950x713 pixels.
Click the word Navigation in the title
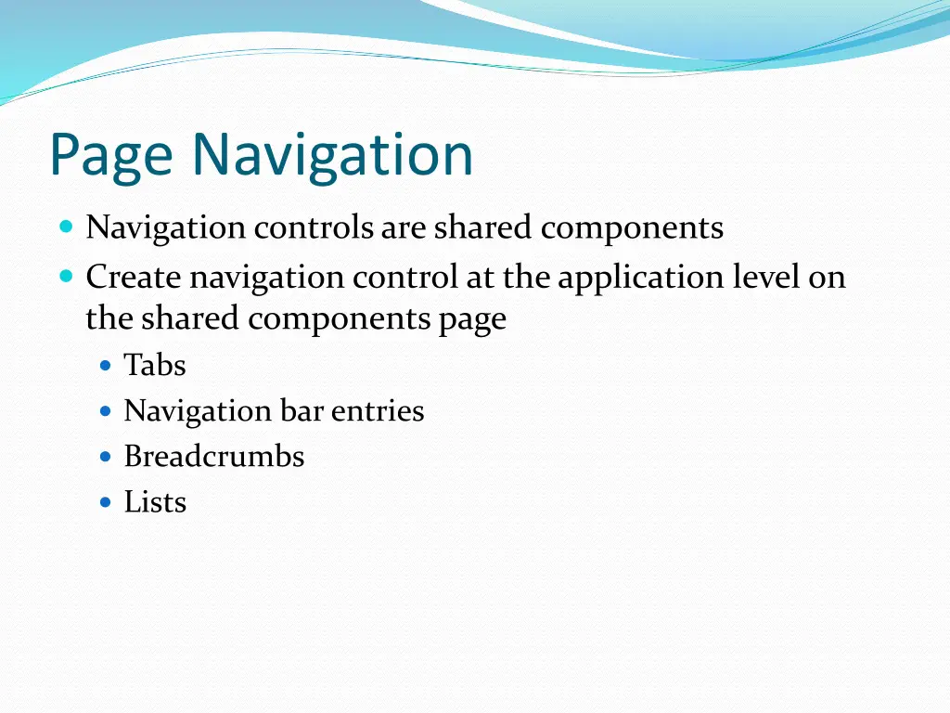pyautogui.click(x=332, y=156)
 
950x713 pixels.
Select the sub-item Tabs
pyautogui.click(x=155, y=366)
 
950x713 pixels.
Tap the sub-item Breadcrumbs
pyautogui.click(x=214, y=457)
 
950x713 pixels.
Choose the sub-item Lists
pyautogui.click(x=155, y=502)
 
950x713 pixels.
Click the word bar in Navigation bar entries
pyautogui.click(x=302, y=411)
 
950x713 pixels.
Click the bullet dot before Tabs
pyautogui.click(x=106, y=366)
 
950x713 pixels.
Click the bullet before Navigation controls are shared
pyautogui.click(x=66, y=227)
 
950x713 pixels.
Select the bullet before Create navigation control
pyautogui.click(x=66, y=276)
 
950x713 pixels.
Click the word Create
pyautogui.click(x=135, y=277)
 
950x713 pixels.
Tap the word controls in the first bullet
pyautogui.click(x=314, y=227)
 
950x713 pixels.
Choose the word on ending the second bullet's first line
pyautogui.click(x=827, y=277)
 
